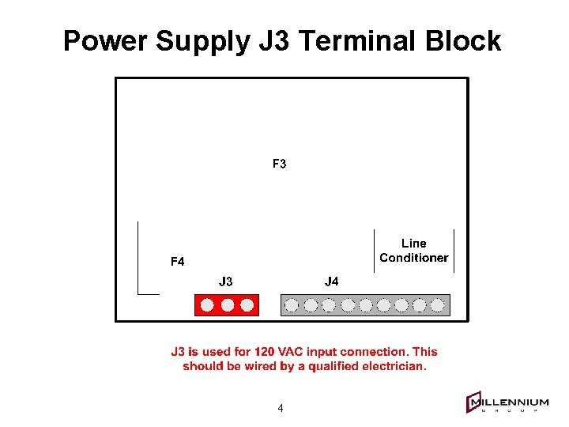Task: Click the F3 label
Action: pyautogui.click(x=279, y=164)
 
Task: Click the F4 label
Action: pyautogui.click(x=178, y=262)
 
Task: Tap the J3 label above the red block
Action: pyautogui.click(x=226, y=282)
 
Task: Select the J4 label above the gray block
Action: pyautogui.click(x=332, y=282)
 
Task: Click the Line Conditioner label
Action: pyautogui.click(x=413, y=251)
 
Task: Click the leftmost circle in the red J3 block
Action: pyautogui.click(x=209, y=304)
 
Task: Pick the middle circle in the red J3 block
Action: pyautogui.click(x=228, y=304)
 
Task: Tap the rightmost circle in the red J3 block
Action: pyautogui.click(x=247, y=304)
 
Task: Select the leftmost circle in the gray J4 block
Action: pyautogui.click(x=292, y=304)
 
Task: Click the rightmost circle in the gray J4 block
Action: pyautogui.click(x=437, y=304)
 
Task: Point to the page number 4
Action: pyautogui.click(x=281, y=409)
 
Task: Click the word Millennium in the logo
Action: pyautogui.click(x=510, y=403)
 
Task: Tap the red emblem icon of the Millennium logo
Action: pyautogui.click(x=474, y=402)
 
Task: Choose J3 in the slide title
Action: pyautogui.click(x=273, y=41)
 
